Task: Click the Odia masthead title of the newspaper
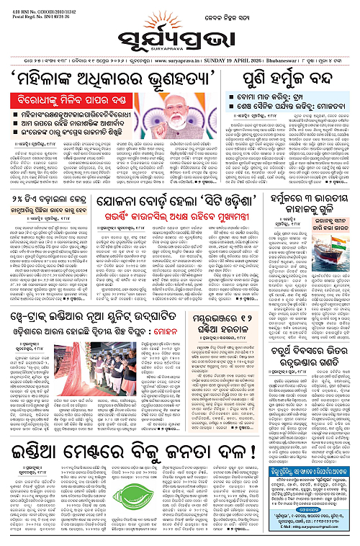point(179,38)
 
